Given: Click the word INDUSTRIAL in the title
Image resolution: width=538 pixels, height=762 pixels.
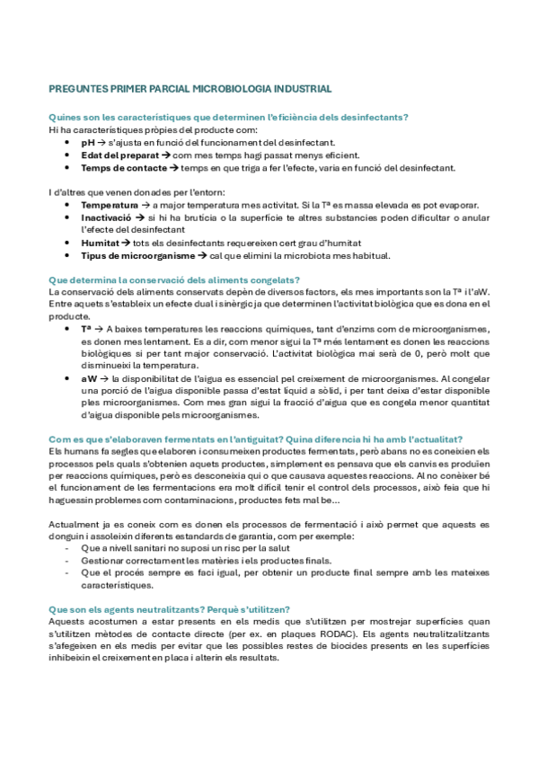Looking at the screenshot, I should [x=299, y=89].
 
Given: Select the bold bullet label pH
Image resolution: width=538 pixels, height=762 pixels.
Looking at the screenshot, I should [x=87, y=142].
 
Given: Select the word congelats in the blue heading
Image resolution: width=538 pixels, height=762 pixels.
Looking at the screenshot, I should [x=273, y=279].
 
